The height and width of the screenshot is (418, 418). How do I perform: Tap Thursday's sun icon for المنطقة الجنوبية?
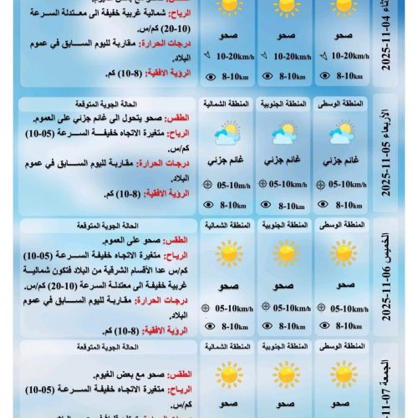click(285, 252)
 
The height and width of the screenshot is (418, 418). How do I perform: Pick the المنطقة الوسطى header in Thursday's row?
click(342, 226)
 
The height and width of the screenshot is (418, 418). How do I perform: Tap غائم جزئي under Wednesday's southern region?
click(285, 159)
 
